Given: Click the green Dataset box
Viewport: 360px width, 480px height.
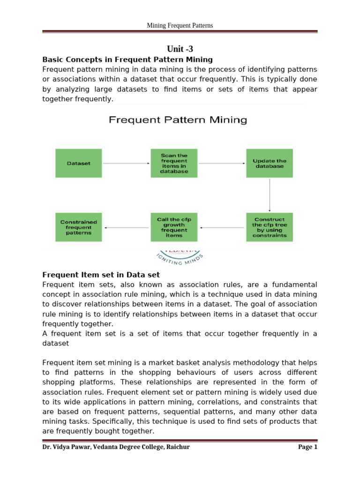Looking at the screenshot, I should (78, 163).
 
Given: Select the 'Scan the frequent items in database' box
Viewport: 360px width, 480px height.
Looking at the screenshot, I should (174, 163).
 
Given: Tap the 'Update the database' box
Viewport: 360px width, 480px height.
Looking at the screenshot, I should (270, 163).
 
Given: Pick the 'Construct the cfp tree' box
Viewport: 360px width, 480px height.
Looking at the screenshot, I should (270, 227).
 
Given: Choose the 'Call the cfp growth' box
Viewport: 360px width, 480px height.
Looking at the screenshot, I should (174, 227).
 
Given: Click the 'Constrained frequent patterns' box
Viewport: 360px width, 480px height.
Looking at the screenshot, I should (78, 227).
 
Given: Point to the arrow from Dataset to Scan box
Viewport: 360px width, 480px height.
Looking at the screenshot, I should (126, 163).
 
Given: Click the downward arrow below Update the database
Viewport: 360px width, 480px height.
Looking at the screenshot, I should (270, 195).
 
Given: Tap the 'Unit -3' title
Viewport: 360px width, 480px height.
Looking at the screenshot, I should (180, 49).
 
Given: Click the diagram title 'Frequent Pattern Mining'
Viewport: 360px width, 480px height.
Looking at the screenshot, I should (178, 120).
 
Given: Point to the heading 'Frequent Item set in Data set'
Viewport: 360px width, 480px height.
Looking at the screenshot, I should (101, 275).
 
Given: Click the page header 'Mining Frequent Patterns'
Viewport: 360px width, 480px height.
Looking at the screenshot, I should (180, 25).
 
